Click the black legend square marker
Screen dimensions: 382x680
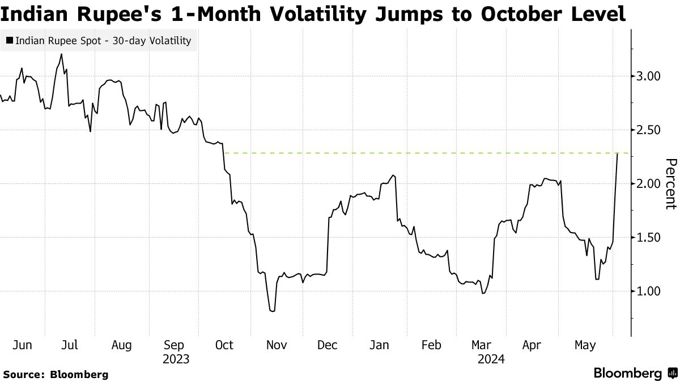pyautogui.click(x=10, y=41)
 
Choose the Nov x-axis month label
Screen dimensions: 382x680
pyautogui.click(x=277, y=345)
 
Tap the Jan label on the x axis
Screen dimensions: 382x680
pyautogui.click(x=379, y=345)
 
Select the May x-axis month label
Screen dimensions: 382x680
pyautogui.click(x=585, y=345)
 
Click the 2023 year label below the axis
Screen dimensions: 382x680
pyautogui.click(x=176, y=359)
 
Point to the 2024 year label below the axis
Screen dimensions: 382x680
pyautogui.click(x=491, y=359)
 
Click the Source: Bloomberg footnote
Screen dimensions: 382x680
pyautogui.click(x=56, y=374)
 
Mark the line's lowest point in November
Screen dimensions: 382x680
pyautogui.click(x=273, y=311)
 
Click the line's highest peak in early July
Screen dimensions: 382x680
pyautogui.click(x=61, y=54)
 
